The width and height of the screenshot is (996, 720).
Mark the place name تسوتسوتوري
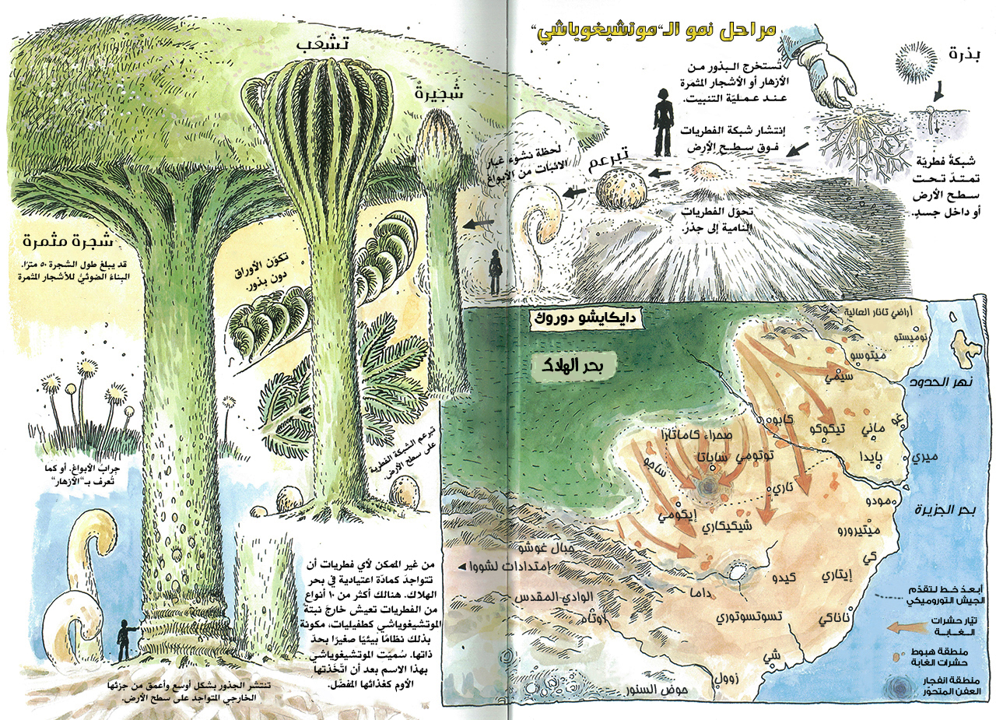pyautogui.click(x=746, y=618)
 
